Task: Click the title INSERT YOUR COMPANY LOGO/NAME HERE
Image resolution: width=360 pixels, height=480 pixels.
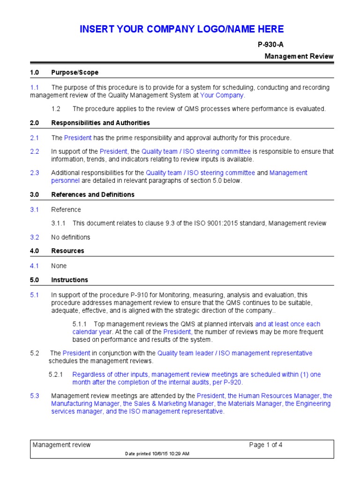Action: [181, 29]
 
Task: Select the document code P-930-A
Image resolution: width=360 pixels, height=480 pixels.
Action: [270, 45]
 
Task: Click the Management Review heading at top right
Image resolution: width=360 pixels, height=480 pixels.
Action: [299, 56]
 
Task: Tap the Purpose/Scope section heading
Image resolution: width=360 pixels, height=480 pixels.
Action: [75, 73]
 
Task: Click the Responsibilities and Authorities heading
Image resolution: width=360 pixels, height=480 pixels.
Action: [100, 123]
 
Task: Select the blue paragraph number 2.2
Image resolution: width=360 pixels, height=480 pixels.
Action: [35, 151]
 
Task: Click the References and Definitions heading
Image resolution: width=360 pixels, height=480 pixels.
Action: [93, 195]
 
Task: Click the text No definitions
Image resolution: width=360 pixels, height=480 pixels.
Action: [70, 237]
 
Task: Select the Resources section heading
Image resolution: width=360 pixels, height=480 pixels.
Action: [67, 251]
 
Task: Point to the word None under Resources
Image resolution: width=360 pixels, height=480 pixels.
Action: [59, 266]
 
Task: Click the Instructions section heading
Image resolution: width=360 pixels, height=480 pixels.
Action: [69, 280]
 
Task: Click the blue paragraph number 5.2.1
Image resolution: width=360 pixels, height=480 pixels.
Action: [60, 375]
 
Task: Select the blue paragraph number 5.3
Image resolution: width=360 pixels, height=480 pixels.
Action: [35, 396]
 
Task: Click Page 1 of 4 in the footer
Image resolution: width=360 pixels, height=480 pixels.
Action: [266, 445]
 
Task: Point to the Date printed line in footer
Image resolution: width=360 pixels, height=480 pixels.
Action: [157, 454]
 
